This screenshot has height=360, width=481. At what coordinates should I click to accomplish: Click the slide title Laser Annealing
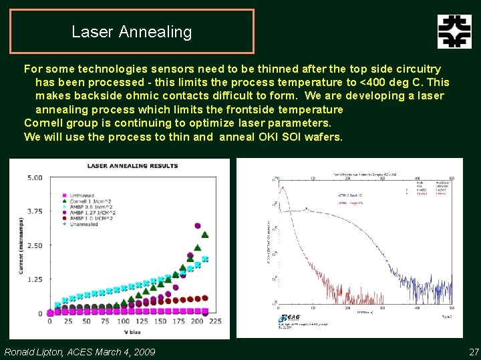click(132, 31)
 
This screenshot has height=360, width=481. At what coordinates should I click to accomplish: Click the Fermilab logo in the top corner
click(454, 31)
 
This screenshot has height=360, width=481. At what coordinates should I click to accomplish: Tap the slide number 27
click(474, 351)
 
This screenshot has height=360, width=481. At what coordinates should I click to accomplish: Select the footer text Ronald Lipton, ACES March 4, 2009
click(80, 351)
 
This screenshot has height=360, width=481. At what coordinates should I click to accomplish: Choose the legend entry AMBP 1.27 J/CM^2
click(88, 212)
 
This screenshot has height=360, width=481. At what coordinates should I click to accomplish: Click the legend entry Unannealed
click(84, 224)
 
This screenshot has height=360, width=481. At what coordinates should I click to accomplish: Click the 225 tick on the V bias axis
click(216, 321)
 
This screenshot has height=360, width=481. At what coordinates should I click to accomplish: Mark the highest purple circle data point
click(198, 226)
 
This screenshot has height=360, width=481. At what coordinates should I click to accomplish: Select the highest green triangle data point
click(204, 235)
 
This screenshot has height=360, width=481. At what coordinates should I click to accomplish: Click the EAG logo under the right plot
click(291, 318)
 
